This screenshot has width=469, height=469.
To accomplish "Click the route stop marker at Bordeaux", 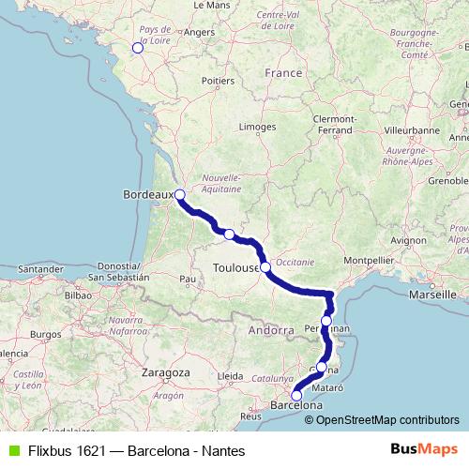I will click(179, 195).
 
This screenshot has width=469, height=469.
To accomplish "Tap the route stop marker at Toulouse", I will click(265, 267).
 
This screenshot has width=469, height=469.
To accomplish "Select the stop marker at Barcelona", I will click(296, 396).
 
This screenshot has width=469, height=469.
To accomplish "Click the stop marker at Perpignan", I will click(325, 321).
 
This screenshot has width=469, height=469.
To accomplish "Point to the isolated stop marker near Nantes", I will click(137, 47).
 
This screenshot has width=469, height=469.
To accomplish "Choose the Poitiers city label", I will click(217, 82).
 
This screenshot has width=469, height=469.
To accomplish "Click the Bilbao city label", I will click(77, 295).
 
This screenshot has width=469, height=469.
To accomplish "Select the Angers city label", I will click(199, 32).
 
